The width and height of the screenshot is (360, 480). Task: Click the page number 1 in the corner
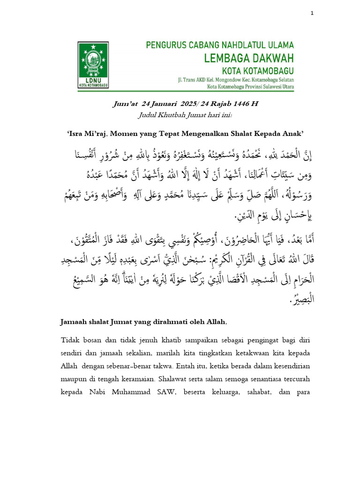pyautogui.click(x=312, y=14)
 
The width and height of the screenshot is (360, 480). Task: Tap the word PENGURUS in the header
pyautogui.click(x=165, y=45)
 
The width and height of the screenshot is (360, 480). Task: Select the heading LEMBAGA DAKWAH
pyautogui.click(x=248, y=58)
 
